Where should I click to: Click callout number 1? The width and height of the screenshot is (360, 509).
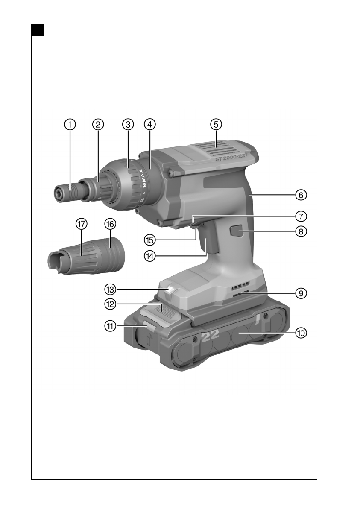(70, 124)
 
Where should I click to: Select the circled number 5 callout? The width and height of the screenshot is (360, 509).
(216, 124)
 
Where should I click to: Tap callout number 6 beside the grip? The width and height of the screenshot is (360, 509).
(301, 195)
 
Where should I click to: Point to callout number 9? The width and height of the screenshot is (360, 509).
(301, 293)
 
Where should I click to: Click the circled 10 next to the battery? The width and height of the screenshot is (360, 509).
(301, 333)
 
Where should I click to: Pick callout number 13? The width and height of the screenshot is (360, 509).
(110, 289)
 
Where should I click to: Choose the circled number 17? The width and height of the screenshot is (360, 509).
(82, 224)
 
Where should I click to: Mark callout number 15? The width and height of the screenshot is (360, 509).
(149, 240)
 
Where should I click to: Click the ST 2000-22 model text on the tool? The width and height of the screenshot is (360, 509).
(230, 158)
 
